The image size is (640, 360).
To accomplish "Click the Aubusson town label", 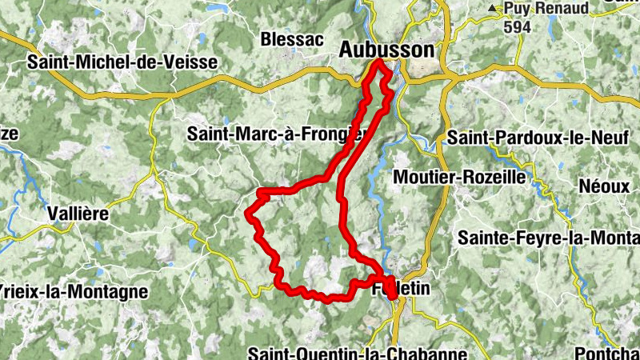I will coord(386,50).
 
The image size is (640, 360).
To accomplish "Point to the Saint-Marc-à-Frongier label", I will coord(276,134).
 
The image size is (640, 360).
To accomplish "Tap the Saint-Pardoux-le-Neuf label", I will coord(538,138).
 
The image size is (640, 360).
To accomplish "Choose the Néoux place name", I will coord(606,186).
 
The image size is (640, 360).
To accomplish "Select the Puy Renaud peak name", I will coord(546,9).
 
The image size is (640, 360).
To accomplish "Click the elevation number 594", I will coord(518,26).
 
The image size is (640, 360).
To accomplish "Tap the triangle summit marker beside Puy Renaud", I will coord(493,9).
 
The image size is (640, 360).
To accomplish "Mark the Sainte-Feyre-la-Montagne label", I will coord(549,238).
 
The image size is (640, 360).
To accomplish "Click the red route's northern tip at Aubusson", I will coord(378,62).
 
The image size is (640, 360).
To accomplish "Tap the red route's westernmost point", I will coord(248,213).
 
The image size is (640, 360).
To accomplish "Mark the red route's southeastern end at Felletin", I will coord(392,296).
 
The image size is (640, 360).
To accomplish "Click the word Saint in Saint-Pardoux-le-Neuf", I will coord(468,138).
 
